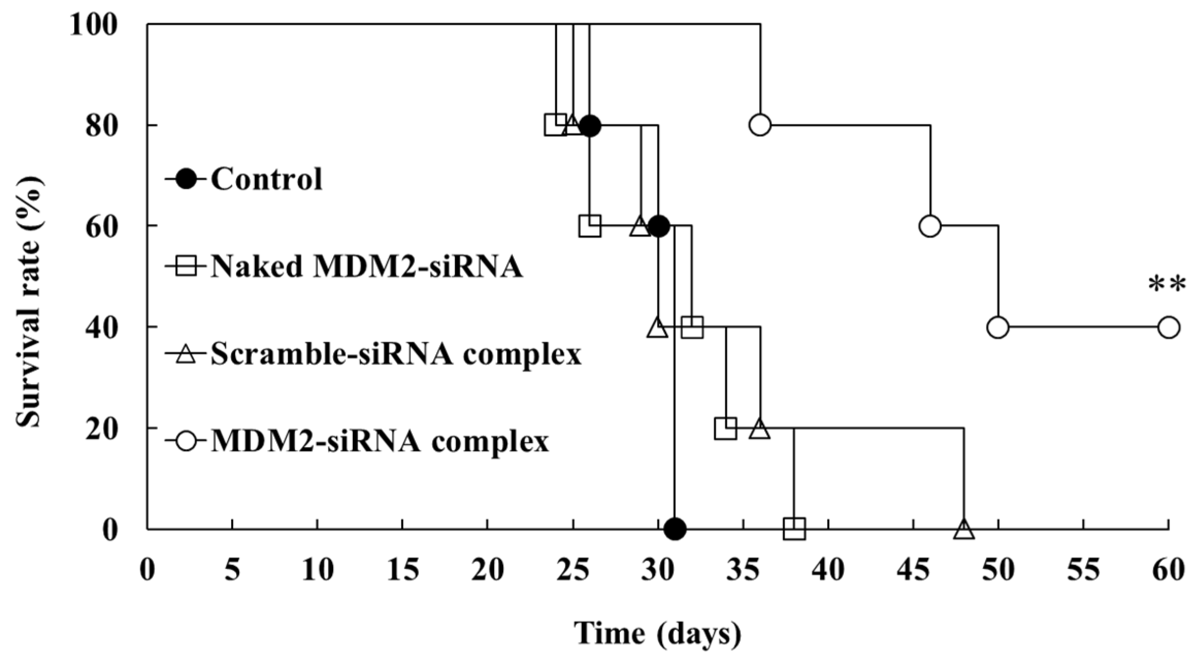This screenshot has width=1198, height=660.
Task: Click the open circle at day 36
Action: [x=760, y=125]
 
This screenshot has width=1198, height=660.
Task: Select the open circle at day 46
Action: [x=930, y=226]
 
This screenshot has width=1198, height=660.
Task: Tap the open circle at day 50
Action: [x=998, y=327]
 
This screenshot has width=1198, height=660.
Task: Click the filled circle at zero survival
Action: [x=675, y=529]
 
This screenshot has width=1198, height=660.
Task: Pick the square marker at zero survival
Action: [x=794, y=529]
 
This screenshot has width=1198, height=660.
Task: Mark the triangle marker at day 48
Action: [x=964, y=529]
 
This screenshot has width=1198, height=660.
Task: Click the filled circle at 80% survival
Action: [x=589, y=125]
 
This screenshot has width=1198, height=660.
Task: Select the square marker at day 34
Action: [x=726, y=428]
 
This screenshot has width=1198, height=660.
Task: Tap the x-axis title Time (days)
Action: [x=658, y=634]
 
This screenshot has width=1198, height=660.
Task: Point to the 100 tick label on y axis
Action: [x=100, y=24]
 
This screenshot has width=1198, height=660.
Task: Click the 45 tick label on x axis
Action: [x=913, y=570]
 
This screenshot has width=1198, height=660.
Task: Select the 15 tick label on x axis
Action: [x=402, y=570]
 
